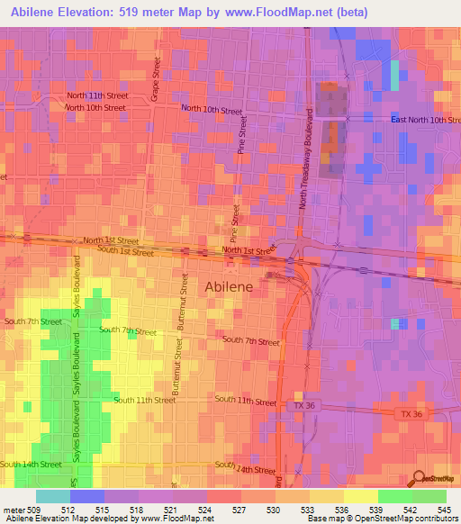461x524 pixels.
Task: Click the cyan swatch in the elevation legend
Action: (x=53, y=496)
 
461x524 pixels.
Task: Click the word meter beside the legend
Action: (x=13, y=509)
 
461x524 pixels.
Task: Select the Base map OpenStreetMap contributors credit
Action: (x=383, y=519)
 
